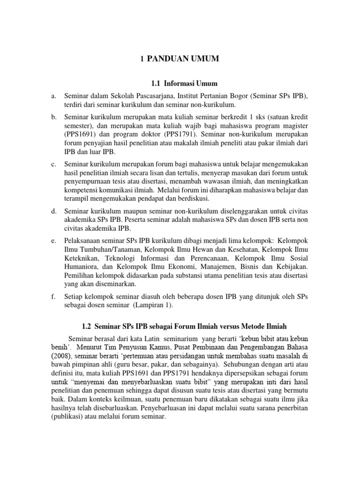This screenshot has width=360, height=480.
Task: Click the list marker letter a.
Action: (x=53, y=96)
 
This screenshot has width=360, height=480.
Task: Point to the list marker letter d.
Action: (x=53, y=212)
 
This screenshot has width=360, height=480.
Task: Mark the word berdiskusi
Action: (x=189, y=199)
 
